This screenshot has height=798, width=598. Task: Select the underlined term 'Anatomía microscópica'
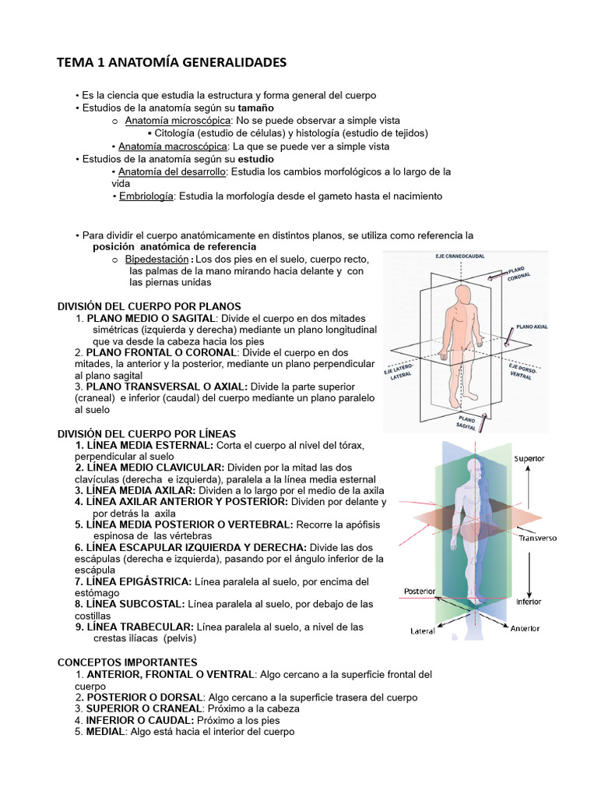tap(178, 121)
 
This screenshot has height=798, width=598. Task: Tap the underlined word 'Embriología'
tap(146, 196)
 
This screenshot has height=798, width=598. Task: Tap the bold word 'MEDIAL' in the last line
tap(106, 733)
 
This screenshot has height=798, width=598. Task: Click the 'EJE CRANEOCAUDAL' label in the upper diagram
tap(460, 256)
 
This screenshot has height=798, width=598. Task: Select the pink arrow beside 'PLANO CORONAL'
tap(495, 274)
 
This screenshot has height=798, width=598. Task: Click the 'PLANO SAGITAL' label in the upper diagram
tap(468, 421)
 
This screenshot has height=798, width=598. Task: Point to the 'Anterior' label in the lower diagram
tap(524, 628)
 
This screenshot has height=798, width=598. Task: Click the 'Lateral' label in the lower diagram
tap(422, 631)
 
